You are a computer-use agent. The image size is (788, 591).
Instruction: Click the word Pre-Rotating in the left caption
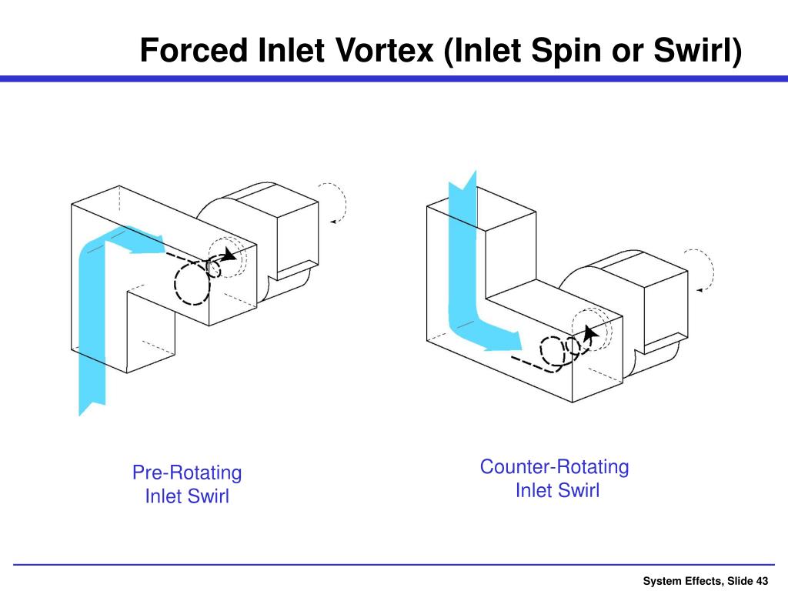pos(187,472)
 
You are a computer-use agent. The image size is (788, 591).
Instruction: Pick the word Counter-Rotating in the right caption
pos(554,466)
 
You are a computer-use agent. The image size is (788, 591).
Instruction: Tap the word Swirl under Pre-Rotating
pos(209,496)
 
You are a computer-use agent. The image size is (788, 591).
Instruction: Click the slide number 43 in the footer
pos(762,580)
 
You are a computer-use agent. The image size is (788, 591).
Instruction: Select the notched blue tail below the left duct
pos(92,400)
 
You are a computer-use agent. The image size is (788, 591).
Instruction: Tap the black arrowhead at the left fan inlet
pos(229,256)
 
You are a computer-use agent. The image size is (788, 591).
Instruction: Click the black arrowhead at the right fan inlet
pos(589,332)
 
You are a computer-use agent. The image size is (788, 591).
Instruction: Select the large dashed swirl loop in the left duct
pos(192,282)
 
